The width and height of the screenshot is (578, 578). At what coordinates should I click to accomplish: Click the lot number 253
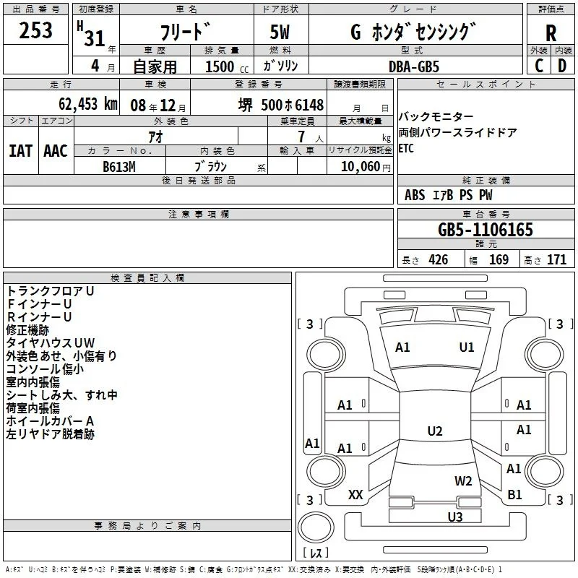coord(35,30)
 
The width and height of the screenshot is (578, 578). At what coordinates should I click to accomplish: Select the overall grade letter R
coord(551,33)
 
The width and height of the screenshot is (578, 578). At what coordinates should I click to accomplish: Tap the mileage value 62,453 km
coord(88,104)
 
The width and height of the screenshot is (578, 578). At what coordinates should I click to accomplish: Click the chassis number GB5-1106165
coord(485,229)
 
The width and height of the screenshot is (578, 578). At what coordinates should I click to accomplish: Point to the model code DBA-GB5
coord(414,66)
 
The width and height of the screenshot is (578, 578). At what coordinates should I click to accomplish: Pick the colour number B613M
coord(119,167)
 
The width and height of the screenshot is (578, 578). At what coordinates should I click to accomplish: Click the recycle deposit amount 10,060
coord(360,167)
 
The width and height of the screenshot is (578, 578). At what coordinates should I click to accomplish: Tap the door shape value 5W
coord(280,32)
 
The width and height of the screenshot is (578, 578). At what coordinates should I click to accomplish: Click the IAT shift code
coord(20,151)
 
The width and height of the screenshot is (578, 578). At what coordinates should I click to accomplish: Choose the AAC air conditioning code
coord(56,151)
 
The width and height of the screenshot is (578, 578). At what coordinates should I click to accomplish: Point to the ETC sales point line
coord(406,149)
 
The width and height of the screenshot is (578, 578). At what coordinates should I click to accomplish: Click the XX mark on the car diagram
coord(355,495)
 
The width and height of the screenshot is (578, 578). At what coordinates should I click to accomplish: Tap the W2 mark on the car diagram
coord(463,481)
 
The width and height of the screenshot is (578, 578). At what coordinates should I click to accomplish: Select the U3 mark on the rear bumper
coord(455,517)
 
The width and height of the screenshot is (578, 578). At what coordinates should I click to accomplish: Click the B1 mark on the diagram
coord(514,495)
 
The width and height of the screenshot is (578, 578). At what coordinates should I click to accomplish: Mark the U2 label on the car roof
coord(435,431)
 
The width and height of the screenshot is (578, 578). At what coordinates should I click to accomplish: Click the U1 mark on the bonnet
coord(466,348)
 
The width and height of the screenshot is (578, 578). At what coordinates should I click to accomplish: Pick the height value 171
coord(556,260)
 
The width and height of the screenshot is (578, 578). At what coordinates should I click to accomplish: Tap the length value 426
coord(439,260)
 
